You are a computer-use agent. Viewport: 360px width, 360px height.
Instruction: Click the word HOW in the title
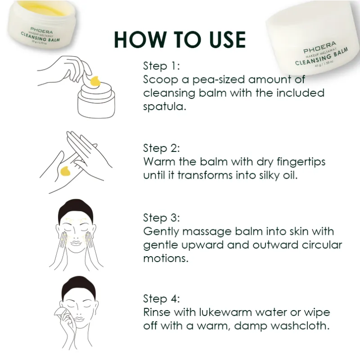click(140, 40)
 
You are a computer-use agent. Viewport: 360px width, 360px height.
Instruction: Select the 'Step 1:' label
click(161, 66)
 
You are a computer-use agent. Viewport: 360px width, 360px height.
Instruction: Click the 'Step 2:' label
click(161, 148)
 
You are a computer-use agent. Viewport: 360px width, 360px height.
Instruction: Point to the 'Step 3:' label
click(161, 218)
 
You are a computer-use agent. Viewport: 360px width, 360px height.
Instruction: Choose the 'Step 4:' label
click(161, 299)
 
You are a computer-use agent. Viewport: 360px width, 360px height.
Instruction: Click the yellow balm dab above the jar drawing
click(95, 81)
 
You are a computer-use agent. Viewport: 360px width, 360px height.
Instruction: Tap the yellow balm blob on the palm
click(65, 171)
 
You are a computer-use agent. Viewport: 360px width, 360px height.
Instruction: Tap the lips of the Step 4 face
click(79, 319)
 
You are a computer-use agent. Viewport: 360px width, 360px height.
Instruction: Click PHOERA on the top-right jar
click(320, 47)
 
